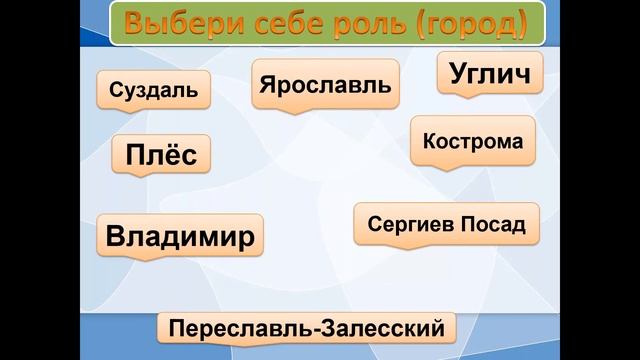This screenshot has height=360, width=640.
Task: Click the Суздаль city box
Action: tap(154, 92)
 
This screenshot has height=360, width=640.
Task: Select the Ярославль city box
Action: tap(325, 84)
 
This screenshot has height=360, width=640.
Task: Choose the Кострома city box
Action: tap(473, 140)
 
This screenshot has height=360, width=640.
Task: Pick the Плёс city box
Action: tap(161, 156)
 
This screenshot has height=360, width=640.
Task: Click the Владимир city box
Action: tap(180, 238)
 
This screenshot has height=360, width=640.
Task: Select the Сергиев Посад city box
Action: tap(446, 224)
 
